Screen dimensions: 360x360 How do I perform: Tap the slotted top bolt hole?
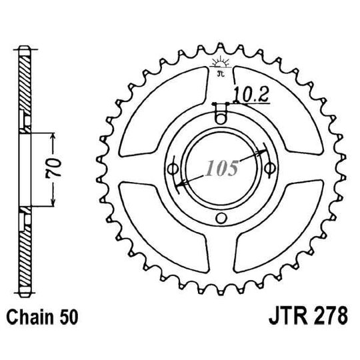click(x=221, y=114)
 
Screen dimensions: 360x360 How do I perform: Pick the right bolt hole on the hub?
click(x=269, y=167)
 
